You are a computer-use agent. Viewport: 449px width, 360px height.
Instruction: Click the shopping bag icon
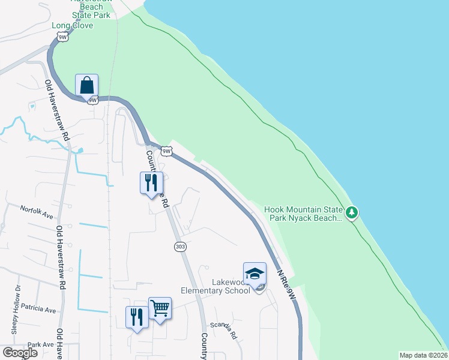(x=87, y=85)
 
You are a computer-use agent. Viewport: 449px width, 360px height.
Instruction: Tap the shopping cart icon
(x=160, y=309)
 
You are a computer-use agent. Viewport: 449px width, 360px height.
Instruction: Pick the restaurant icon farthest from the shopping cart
(x=151, y=182)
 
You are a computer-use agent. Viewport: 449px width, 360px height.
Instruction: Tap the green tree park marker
(x=352, y=212)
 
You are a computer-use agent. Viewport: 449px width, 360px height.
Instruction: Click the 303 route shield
(x=180, y=247)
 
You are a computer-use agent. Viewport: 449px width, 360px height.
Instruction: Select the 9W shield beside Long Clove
(x=62, y=37)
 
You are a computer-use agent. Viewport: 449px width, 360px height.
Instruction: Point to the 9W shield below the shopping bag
(x=92, y=100)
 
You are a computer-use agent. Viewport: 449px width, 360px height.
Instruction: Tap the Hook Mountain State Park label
(x=304, y=214)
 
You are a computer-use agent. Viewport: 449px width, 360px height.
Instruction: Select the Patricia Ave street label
(x=38, y=310)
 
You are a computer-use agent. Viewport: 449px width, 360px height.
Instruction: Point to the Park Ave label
(x=40, y=344)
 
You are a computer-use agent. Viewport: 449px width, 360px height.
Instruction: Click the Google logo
(x=20, y=353)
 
